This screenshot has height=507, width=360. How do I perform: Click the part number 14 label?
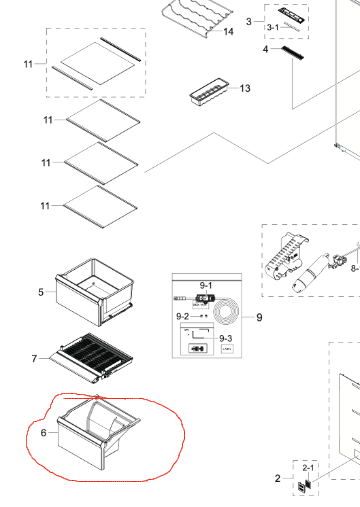click(228, 32)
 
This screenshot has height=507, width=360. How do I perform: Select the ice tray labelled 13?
click(205, 95)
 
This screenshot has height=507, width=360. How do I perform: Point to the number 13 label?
click(245, 88)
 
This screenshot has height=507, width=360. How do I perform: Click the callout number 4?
click(265, 49)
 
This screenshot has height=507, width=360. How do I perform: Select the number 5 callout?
click(41, 292)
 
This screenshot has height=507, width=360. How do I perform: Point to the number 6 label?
click(42, 432)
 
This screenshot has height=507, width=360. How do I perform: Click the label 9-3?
click(227, 339)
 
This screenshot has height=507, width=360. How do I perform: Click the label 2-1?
click(308, 467)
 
